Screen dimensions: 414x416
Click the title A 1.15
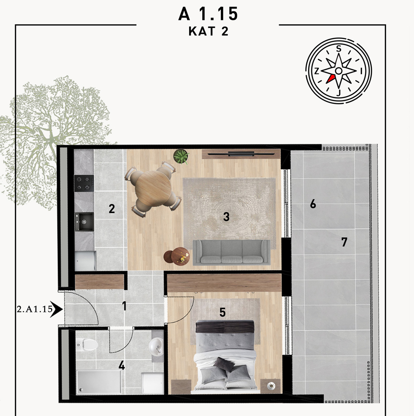pos(208,14)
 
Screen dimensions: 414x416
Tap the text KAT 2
pos(208,31)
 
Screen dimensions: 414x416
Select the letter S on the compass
pos(339,49)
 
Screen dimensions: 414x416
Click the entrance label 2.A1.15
pos(35,309)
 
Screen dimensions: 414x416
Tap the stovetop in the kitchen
pos(84,183)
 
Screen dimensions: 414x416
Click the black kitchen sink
pos(84,221)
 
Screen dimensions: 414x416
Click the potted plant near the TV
pos(181,156)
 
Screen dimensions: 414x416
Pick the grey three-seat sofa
pos(231,252)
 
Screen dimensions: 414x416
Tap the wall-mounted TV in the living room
pos(241,154)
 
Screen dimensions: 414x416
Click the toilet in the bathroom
pos(88,344)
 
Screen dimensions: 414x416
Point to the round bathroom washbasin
pos(156,346)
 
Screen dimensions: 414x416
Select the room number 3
pos(226,217)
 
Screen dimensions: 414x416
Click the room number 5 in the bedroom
pos(223,312)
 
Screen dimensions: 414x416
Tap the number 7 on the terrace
pos(344,242)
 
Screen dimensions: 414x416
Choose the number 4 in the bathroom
pos(122,366)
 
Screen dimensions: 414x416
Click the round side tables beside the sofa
pos(177,256)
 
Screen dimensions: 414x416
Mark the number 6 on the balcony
pos(313,204)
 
